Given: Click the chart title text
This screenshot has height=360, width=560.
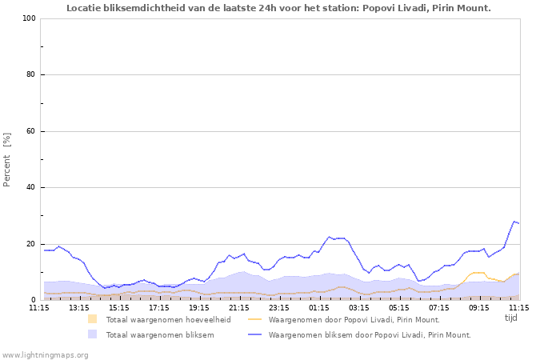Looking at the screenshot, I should pos(278,8).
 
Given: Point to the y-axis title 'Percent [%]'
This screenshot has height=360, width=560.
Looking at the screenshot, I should pos(8,159).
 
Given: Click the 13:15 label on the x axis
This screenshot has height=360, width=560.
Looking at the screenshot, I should pos(79,307).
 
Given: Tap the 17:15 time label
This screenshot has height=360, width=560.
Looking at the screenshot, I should pos(159,307).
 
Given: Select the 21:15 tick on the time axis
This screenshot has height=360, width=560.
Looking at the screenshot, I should pos(239,307).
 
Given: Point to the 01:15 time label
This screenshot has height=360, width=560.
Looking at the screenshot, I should pos(319,307).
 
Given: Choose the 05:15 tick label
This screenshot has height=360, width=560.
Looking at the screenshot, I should pos(399,307).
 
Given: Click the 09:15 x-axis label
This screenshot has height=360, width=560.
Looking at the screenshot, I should pos(479,307).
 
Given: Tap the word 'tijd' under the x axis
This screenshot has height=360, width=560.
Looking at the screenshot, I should pos(511,318).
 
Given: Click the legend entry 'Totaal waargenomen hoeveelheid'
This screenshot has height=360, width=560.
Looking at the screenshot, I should pos(168,319).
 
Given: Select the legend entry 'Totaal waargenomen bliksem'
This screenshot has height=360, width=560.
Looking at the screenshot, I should pos(159,334).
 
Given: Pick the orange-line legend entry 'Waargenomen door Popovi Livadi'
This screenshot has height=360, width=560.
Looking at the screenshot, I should pos(354,319).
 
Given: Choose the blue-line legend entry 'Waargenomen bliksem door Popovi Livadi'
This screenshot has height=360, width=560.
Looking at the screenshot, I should pos(370,334).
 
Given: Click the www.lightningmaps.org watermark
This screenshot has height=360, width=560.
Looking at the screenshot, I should pos(46,354).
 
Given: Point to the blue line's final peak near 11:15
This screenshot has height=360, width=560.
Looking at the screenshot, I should pos(514,222).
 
